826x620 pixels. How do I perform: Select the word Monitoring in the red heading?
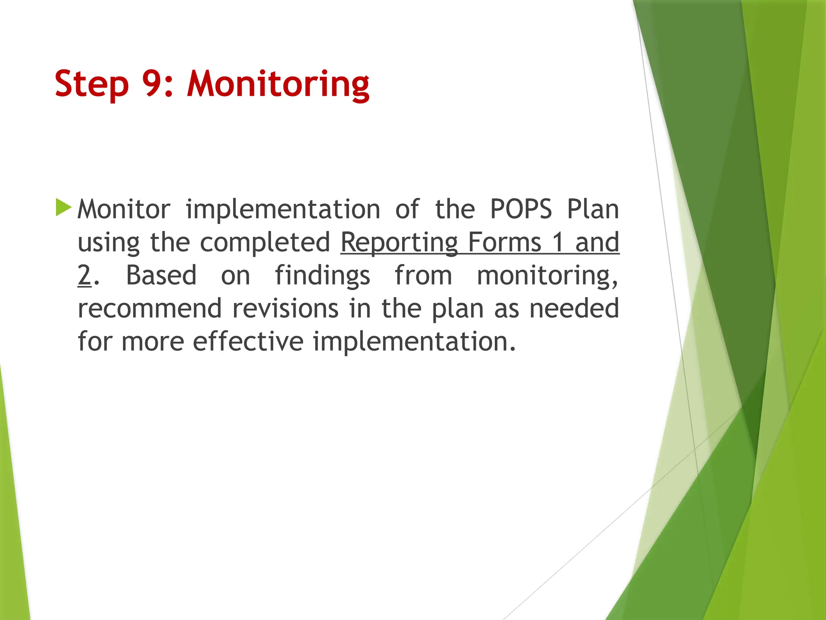click(278, 84)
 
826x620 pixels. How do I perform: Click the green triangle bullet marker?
click(63, 207)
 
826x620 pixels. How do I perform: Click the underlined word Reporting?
click(399, 242)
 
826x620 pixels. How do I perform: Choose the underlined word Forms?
click(505, 242)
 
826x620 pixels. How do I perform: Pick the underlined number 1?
click(558, 242)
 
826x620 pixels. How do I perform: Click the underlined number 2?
click(84, 275)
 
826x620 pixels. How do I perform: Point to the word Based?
click(161, 275)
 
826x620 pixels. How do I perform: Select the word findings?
click(322, 275)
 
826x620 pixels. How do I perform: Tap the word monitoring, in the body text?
click(547, 275)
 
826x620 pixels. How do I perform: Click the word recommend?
click(150, 308)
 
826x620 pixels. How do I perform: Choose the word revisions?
click(286, 308)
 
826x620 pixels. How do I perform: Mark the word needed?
click(574, 308)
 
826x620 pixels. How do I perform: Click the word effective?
click(248, 341)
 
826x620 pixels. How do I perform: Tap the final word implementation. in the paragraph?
click(414, 341)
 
